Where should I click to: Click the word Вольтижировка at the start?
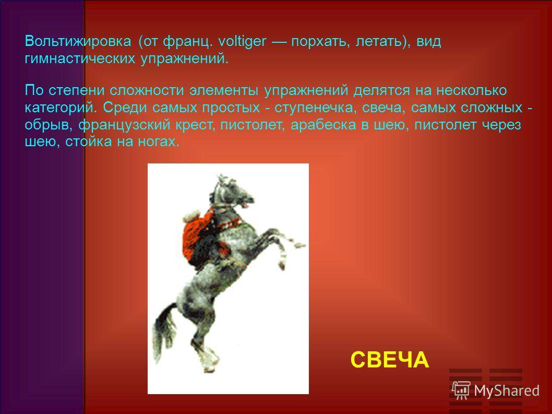coord(78,42)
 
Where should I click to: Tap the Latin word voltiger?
coord(242,41)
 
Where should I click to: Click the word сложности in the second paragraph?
coord(147,90)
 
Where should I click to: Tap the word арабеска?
coord(323,125)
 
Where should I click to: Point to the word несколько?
coord(472,90)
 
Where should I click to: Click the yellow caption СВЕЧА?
coord(390,360)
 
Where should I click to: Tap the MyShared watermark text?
coord(507,391)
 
